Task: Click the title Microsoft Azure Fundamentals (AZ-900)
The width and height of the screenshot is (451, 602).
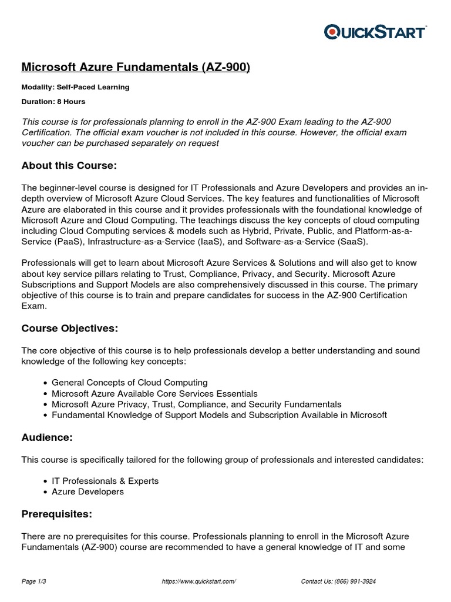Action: click(x=136, y=68)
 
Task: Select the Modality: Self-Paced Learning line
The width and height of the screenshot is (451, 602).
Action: click(x=75, y=87)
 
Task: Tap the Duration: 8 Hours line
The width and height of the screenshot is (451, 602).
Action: click(x=53, y=101)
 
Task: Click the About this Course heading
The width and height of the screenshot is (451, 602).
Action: click(x=69, y=166)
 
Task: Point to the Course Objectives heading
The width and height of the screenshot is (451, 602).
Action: click(x=73, y=327)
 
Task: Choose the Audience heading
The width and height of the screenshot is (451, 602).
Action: click(x=48, y=437)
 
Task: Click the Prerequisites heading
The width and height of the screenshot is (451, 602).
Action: click(x=56, y=514)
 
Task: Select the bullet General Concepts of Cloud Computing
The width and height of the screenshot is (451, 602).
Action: click(x=129, y=383)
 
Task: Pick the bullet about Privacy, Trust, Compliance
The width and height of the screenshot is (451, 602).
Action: click(x=196, y=404)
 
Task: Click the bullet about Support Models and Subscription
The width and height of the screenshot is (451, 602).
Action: click(x=219, y=415)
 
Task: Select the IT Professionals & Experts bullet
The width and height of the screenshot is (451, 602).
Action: click(x=105, y=481)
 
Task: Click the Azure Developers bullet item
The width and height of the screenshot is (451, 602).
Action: click(x=87, y=491)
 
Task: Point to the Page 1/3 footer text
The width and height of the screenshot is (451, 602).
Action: click(x=34, y=581)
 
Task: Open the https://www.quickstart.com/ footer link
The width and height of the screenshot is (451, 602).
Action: click(x=198, y=581)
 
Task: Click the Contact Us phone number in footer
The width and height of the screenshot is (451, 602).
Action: click(x=338, y=581)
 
